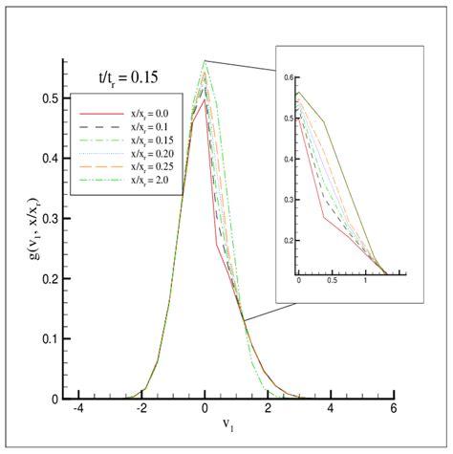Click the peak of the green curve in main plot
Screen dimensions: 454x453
205,61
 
